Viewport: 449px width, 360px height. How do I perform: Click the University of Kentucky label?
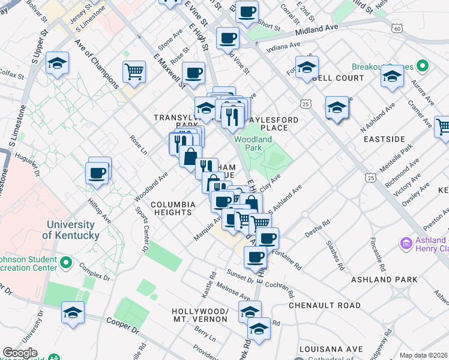[x=73, y=230]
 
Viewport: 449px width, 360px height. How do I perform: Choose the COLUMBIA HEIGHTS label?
[x=173, y=208]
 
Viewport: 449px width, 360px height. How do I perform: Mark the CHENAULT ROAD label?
[x=325, y=305]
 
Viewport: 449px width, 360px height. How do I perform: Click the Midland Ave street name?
[x=317, y=29]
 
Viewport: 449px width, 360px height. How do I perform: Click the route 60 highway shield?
[x=397, y=28]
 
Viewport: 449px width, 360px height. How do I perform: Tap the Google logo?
[x=20, y=353]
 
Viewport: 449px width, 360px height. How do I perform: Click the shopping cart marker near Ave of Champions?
[x=134, y=73]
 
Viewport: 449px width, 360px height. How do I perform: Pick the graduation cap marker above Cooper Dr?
[x=73, y=313]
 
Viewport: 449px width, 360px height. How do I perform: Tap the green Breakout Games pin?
[x=423, y=65]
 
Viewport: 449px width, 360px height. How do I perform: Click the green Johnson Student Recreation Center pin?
[x=66, y=263]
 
